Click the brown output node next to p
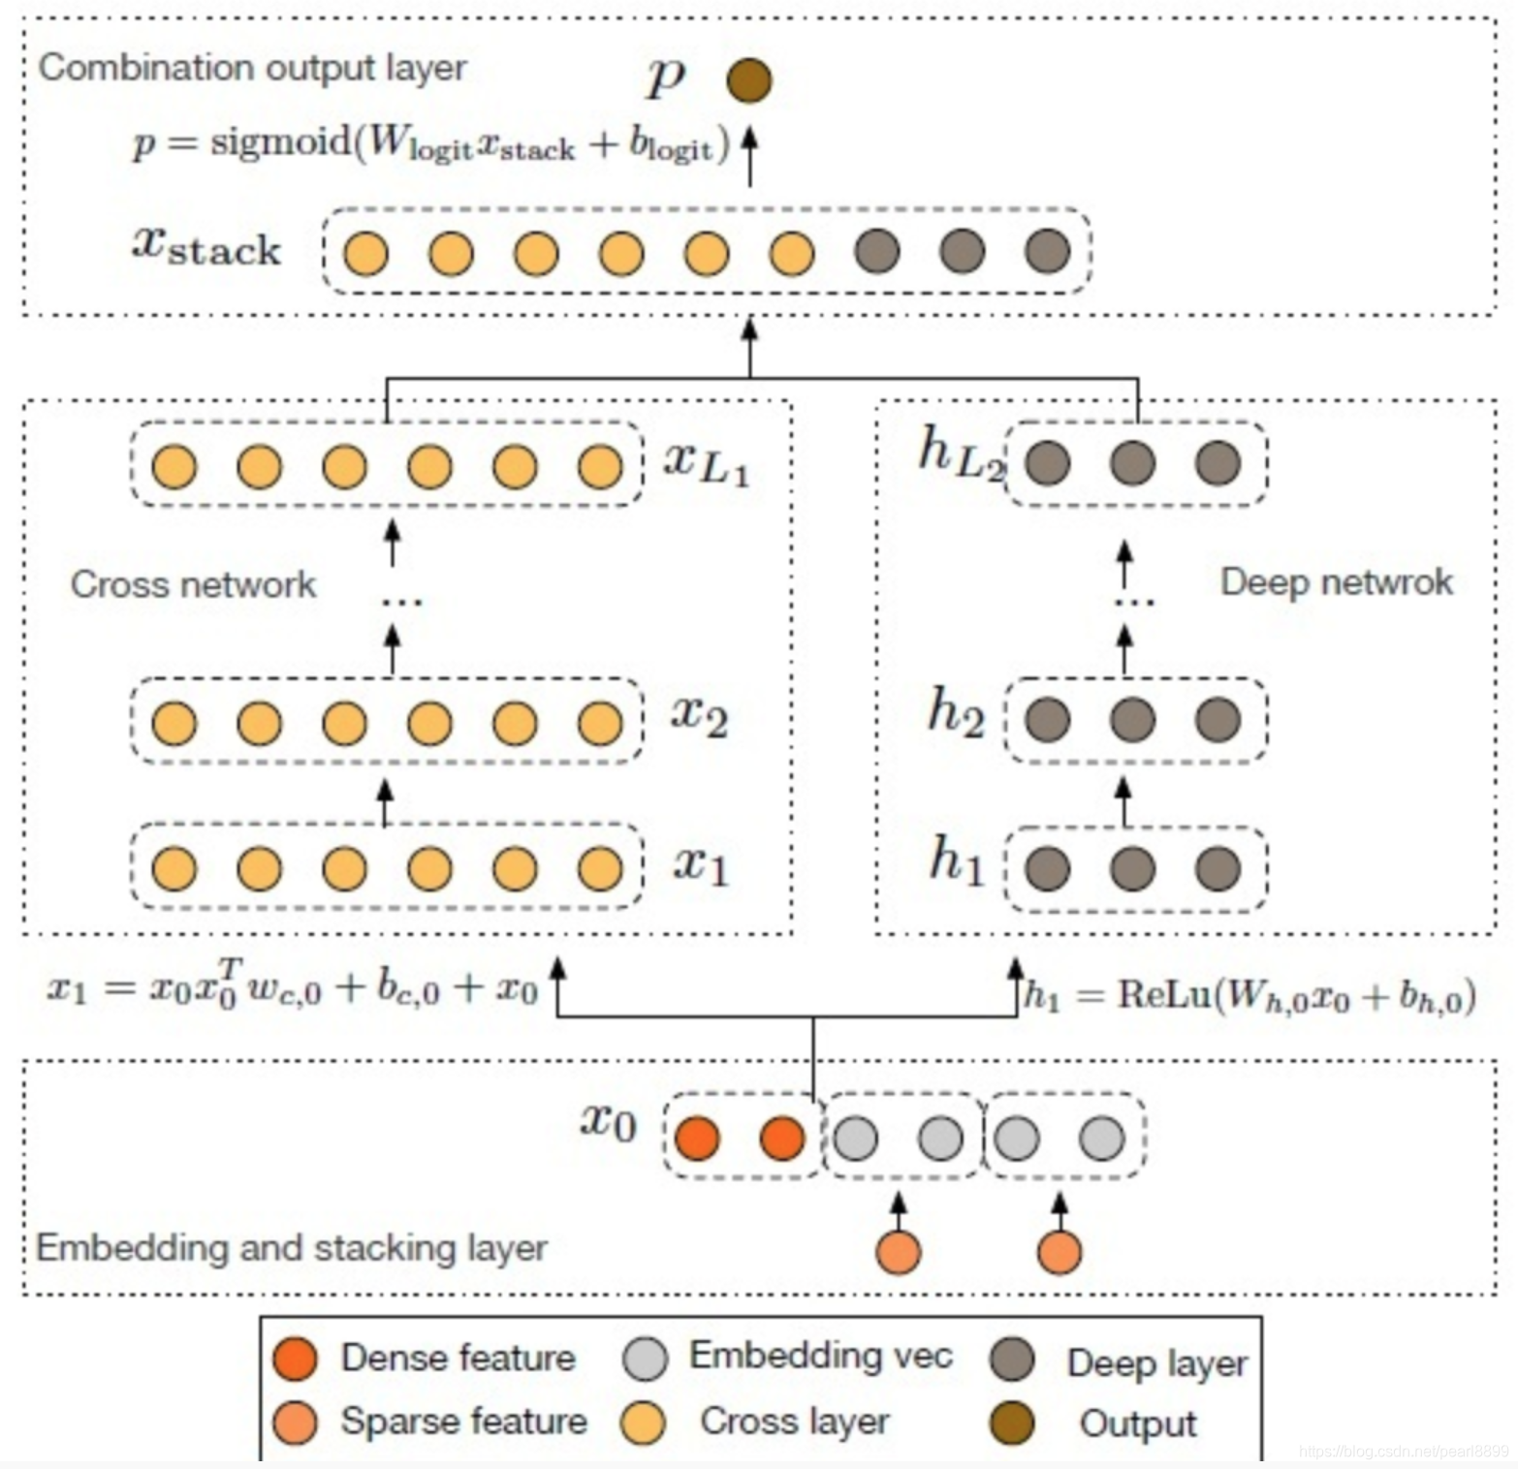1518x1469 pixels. point(749,80)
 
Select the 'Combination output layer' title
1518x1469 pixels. point(252,68)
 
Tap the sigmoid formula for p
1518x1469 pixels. point(431,144)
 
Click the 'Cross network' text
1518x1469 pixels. point(193,584)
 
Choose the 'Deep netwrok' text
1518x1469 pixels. point(1336,581)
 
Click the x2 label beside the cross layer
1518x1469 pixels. point(699,717)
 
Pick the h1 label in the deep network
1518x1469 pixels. point(956,860)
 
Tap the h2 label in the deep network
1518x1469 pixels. point(956,712)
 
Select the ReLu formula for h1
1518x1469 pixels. point(1250,995)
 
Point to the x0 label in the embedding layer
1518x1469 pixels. point(608,1121)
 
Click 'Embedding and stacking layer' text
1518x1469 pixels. point(292,1247)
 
